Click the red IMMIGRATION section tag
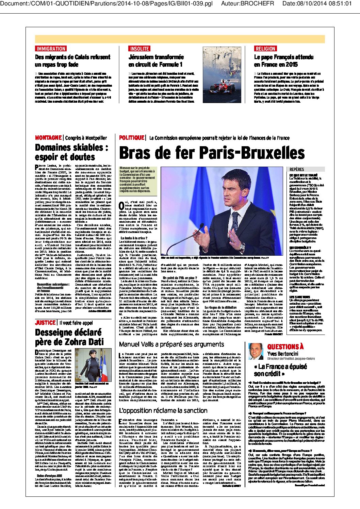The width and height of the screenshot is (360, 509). (51, 49)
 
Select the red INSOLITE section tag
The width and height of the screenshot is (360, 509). (140, 49)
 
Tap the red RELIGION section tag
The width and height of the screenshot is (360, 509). (265, 49)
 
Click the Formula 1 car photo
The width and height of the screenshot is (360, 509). (222, 74)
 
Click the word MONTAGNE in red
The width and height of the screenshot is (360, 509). (48, 138)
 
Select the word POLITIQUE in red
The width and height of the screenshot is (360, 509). (132, 138)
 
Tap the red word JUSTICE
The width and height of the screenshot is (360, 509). (45, 323)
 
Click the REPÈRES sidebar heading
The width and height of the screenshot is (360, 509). (297, 169)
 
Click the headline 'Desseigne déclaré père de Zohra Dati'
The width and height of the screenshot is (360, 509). (68, 337)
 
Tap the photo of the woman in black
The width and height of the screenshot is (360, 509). (93, 365)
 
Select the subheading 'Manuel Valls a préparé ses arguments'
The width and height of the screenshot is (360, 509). (171, 344)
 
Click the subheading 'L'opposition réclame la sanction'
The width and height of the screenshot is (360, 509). (163, 410)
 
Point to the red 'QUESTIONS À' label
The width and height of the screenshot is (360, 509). (285, 347)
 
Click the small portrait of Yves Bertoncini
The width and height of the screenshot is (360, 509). (256, 351)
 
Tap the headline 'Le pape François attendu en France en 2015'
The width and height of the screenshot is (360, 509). (284, 61)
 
